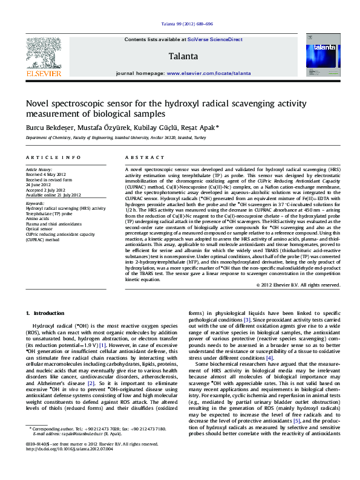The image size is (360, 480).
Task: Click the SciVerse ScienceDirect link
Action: click(215, 39)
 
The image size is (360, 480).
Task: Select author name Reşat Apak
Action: click(201, 128)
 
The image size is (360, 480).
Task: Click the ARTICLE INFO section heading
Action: click(53, 157)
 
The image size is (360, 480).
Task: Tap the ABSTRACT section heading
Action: click(140, 157)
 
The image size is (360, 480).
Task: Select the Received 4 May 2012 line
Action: click(46, 175)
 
